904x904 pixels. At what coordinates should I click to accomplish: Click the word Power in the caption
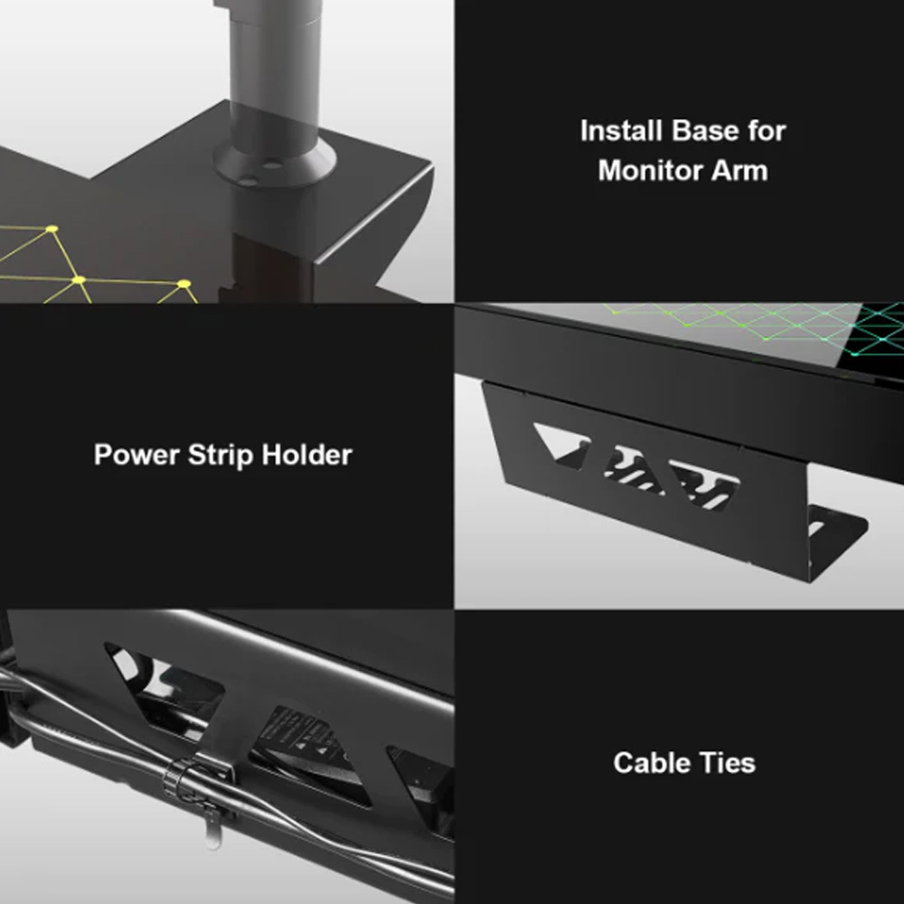pyautogui.click(x=137, y=455)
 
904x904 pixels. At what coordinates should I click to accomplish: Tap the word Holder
pyautogui.click(x=306, y=455)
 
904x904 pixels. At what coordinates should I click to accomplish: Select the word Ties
pyautogui.click(x=728, y=763)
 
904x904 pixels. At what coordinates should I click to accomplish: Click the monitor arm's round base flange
pyautogui.click(x=274, y=162)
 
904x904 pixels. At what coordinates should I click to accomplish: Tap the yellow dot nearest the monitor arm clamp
pyautogui.click(x=184, y=284)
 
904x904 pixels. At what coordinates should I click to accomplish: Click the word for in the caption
pyautogui.click(x=767, y=131)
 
